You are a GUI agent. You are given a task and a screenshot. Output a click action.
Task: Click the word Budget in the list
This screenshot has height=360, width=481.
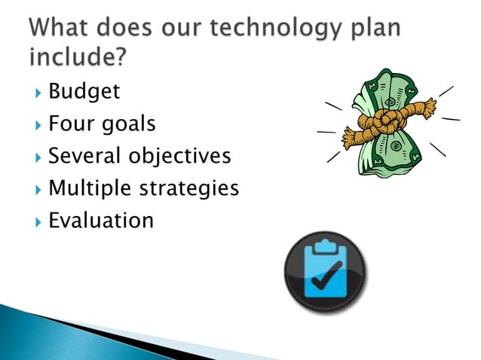pos(84,92)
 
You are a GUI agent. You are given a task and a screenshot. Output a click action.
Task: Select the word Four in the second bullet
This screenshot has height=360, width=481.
pos(72,124)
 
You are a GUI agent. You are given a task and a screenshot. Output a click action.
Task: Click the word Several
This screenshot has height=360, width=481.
pos(84,156)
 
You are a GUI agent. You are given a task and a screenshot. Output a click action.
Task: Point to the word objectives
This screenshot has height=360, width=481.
pos(179,157)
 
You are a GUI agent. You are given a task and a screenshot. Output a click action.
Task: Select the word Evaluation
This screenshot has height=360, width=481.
pos(100,220)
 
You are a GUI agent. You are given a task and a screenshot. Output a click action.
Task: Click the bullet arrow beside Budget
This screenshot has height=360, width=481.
pos(37,93)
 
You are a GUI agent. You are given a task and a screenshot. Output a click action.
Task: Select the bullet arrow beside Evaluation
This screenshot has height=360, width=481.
pos(37,221)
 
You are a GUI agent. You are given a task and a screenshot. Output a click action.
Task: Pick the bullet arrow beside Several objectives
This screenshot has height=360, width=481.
pos(37,157)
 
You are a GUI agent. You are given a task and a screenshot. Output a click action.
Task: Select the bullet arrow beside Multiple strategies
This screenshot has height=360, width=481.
pos(37,189)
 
